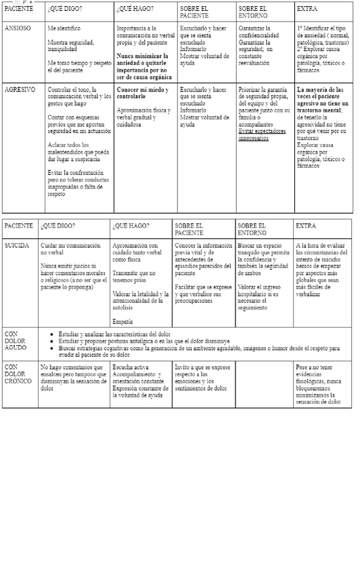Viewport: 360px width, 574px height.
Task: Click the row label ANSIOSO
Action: (18, 29)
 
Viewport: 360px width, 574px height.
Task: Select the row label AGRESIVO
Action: (20, 89)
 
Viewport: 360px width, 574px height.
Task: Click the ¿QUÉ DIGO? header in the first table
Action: (62, 9)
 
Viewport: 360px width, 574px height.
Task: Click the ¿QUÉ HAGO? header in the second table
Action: (131, 225)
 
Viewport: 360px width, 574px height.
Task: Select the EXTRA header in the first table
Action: (306, 9)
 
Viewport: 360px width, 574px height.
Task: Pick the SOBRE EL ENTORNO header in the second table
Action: (252, 229)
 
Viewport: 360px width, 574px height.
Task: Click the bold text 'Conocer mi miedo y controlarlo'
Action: (142, 93)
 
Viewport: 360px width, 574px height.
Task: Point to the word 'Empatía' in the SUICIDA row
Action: (122, 321)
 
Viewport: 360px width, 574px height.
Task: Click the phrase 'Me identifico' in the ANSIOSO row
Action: (64, 29)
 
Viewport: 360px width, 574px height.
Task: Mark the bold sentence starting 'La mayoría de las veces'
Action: (320, 100)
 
